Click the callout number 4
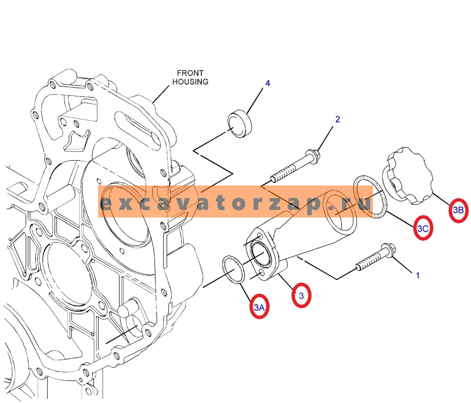pyautogui.click(x=268, y=83)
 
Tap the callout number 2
pyautogui.click(x=338, y=119)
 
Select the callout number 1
pyautogui.click(x=418, y=276)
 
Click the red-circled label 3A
pyautogui.click(x=259, y=307)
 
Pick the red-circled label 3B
pyautogui.click(x=458, y=210)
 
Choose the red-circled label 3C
pyautogui.click(x=423, y=228)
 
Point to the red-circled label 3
pyautogui.click(x=301, y=296)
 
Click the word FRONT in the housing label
pyautogui.click(x=190, y=73)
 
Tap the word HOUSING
pyautogui.click(x=190, y=82)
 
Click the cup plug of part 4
pyautogui.click(x=240, y=123)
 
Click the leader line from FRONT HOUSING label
pyautogui.click(x=161, y=94)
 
